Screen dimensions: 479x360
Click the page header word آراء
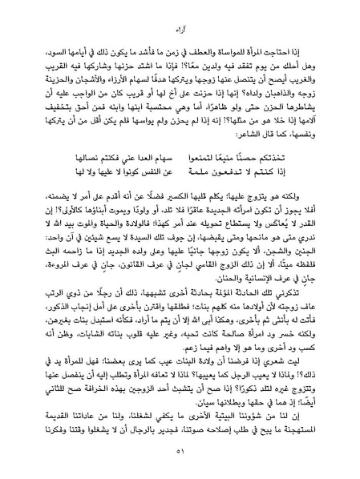[180, 31]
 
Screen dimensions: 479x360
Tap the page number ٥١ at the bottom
[180, 454]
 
